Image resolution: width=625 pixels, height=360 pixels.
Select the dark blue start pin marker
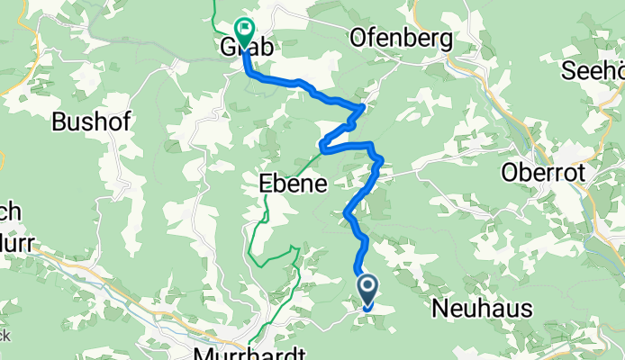(x=369, y=291)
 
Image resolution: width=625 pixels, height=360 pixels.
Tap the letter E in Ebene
(x=266, y=182)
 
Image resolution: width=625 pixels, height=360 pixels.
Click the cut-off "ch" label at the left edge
(x=10, y=211)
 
